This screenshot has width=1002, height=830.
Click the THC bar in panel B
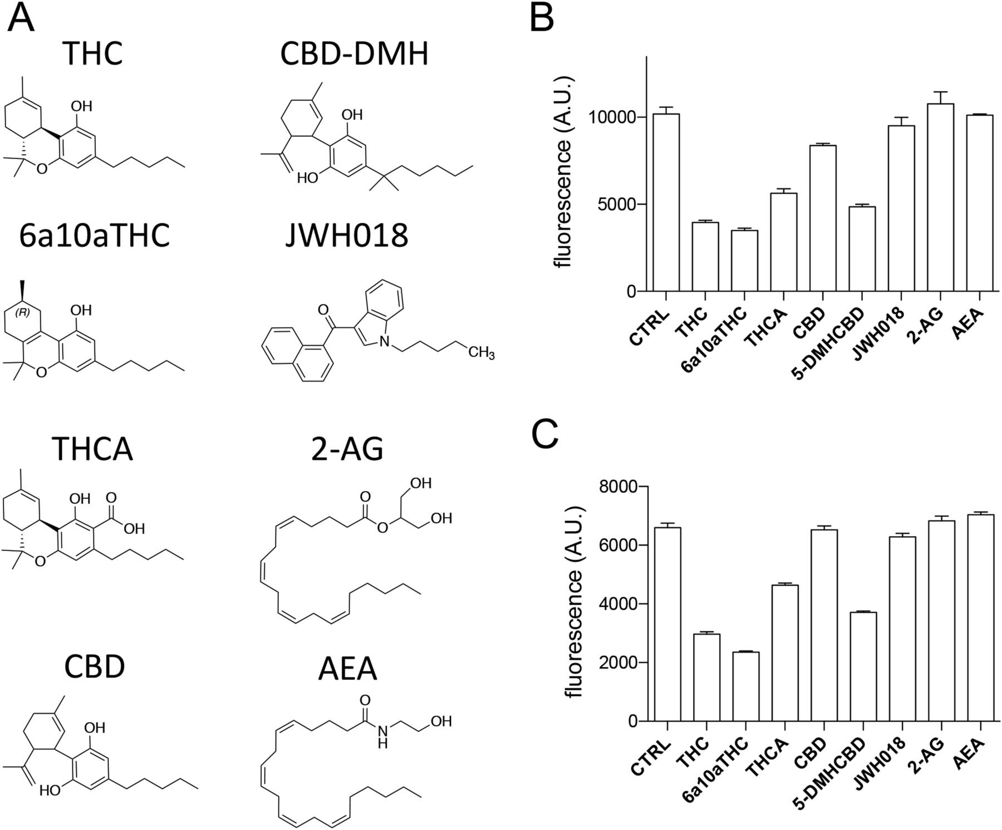[x=706, y=257]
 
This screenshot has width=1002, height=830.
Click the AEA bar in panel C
[x=980, y=618]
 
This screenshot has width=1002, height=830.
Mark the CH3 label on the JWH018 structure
[x=481, y=353]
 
